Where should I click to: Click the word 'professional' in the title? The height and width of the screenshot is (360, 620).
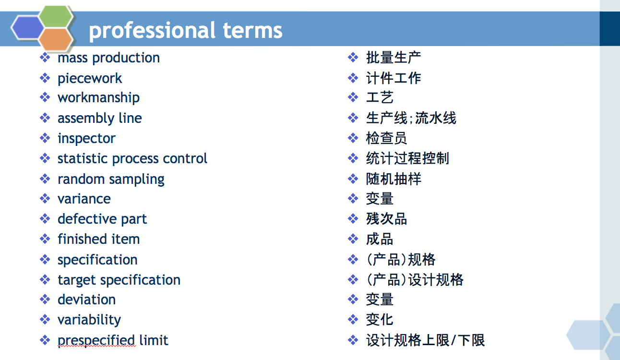click(152, 30)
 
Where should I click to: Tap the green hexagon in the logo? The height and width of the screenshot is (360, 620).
click(56, 16)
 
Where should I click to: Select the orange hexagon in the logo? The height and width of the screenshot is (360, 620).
click(56, 39)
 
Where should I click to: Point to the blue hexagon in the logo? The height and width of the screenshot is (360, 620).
click(28, 28)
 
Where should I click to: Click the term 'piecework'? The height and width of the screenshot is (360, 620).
click(90, 78)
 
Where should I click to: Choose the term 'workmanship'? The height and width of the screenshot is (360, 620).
click(98, 98)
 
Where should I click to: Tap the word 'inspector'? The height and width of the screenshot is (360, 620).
click(86, 138)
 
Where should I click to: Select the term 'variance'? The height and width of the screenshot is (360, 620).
click(84, 199)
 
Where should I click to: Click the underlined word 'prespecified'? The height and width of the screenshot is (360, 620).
click(96, 341)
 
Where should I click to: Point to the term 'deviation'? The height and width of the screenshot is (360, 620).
click(87, 300)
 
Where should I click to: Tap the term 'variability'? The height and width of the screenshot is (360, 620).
click(89, 320)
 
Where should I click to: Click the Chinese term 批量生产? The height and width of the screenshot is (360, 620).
click(393, 58)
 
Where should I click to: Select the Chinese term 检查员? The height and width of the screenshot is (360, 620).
click(386, 138)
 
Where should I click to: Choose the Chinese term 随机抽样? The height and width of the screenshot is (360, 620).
click(393, 179)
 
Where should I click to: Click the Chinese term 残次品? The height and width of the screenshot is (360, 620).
click(386, 219)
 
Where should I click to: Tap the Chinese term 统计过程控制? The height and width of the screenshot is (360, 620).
click(407, 158)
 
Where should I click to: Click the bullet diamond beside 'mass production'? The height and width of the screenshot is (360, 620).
click(45, 58)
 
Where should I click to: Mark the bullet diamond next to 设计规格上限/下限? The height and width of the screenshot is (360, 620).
click(353, 340)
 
